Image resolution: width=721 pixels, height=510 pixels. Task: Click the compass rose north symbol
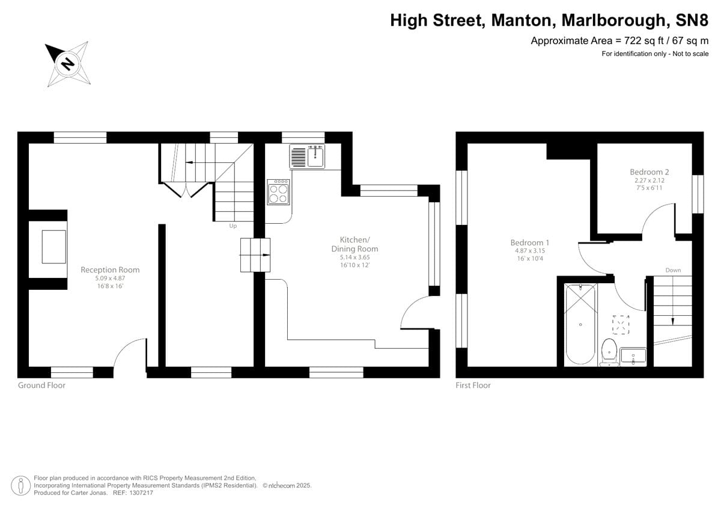click(67, 63)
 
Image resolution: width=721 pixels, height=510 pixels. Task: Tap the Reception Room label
click(105, 270)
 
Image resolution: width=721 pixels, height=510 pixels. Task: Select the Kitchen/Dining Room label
click(354, 244)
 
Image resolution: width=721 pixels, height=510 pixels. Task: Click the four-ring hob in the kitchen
click(278, 192)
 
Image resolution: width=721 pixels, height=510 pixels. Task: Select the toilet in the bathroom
click(609, 351)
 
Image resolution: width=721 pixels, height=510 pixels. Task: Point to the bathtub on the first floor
click(580, 325)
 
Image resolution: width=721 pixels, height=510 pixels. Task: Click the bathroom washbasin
click(633, 356)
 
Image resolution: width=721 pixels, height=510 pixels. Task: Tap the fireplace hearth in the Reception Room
click(53, 247)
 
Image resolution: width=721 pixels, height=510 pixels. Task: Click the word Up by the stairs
click(233, 226)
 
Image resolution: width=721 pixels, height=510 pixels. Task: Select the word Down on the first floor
click(673, 271)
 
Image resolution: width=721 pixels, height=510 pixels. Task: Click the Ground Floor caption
click(41, 386)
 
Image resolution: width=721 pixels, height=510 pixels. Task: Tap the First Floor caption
click(473, 386)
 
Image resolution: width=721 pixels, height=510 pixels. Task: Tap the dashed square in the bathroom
click(621, 324)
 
